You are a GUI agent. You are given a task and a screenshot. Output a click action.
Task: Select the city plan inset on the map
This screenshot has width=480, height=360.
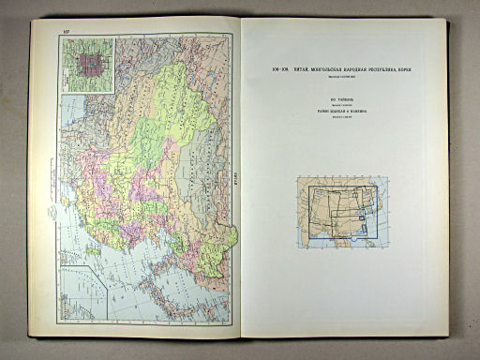[x=85, y=65]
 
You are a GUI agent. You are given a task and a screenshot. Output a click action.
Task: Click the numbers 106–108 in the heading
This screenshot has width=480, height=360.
[x=279, y=68]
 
